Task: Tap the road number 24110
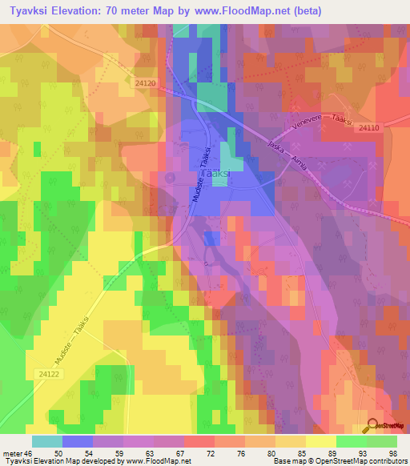[370, 127]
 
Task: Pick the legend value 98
[392, 453]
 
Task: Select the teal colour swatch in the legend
[46, 441]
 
